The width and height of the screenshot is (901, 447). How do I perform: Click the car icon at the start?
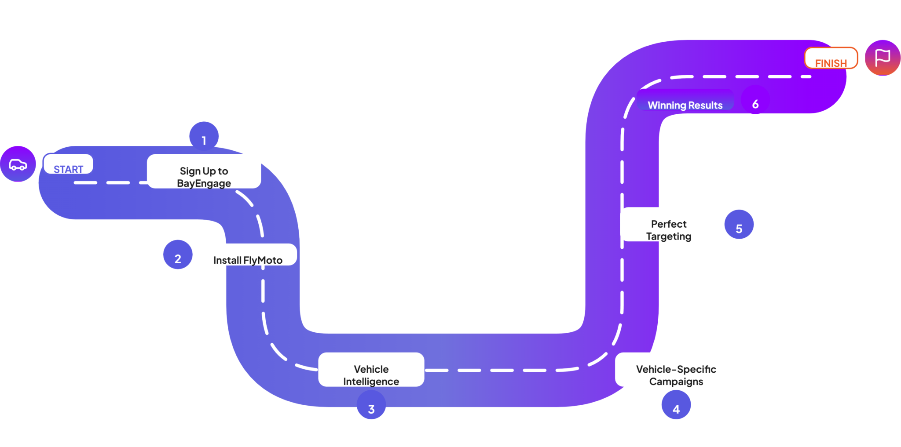(x=18, y=164)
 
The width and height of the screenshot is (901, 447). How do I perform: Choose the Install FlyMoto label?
(x=248, y=260)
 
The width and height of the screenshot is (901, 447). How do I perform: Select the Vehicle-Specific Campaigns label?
(x=676, y=375)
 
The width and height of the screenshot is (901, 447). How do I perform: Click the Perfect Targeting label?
(x=668, y=230)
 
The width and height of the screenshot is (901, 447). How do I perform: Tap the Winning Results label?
(x=685, y=105)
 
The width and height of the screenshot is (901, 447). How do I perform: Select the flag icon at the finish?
(x=883, y=58)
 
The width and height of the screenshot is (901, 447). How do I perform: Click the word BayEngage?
(x=204, y=183)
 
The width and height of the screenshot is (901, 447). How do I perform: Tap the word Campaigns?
(x=676, y=382)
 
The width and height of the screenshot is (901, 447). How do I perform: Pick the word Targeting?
(x=669, y=236)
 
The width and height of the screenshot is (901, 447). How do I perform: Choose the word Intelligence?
(x=371, y=382)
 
